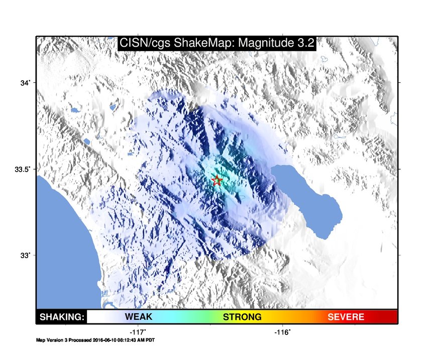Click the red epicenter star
[x=216, y=180]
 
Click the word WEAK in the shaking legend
[x=139, y=317]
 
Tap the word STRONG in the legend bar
[x=242, y=317]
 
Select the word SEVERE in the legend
[x=346, y=317]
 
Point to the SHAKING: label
[x=62, y=317]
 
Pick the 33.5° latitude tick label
[x=22, y=169]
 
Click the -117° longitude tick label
[x=138, y=332]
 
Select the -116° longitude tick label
[x=282, y=332]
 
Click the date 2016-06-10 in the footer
[x=104, y=340]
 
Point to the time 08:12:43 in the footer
[x=127, y=340]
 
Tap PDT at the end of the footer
[x=150, y=340]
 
